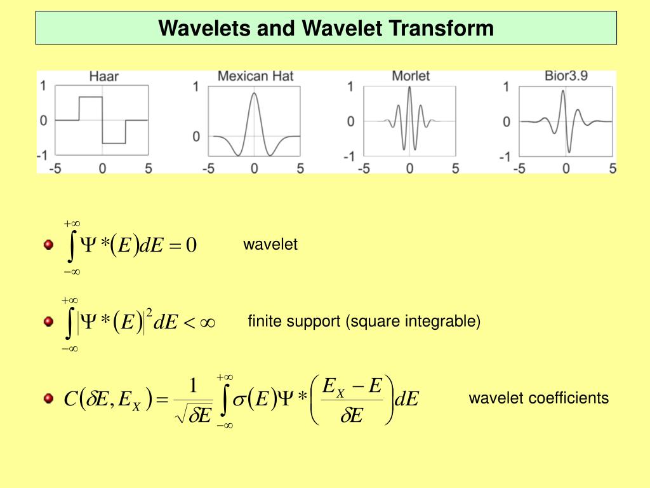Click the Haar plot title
104,77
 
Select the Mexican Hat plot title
255,76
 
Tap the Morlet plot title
411,76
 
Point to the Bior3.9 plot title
566,76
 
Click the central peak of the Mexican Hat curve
254,94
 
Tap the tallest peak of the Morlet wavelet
409,87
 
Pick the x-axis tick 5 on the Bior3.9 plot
613,169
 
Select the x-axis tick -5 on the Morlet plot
364,169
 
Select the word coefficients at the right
573,398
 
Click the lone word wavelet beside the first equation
270,245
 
